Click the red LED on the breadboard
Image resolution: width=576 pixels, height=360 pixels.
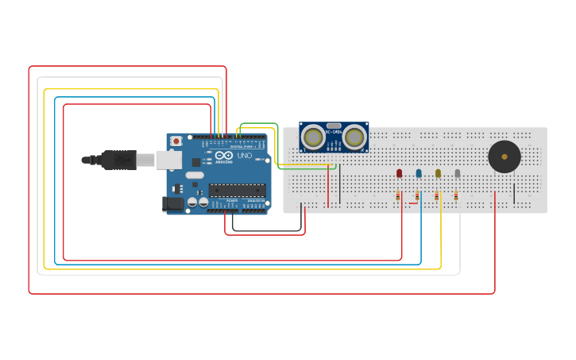pos(399,172)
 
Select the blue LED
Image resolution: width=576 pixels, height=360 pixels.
pos(419,172)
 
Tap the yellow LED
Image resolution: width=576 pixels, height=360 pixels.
pos(438,172)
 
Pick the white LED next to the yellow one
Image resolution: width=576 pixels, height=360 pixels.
pos(457,172)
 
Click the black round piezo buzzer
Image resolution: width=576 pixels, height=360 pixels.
pos(504,157)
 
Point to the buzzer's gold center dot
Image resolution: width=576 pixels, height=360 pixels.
pos(504,157)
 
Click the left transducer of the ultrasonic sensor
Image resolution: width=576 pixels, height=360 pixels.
pos(313,137)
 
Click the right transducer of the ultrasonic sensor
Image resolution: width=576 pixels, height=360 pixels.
pos(354,137)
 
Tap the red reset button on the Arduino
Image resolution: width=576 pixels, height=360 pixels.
pos(176,141)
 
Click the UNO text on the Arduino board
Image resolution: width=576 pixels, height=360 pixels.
pos(244,156)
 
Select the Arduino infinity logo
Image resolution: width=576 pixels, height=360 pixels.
pos(223,156)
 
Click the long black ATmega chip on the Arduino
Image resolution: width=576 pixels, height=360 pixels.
pos(237,190)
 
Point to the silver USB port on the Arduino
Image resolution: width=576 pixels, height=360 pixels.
pos(168,160)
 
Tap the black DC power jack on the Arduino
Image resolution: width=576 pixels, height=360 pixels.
pos(172,203)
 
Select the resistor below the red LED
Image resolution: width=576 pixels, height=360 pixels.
pos(398,195)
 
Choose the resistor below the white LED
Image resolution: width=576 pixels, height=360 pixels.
pos(456,195)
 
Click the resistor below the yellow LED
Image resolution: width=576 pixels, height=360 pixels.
pos(436,195)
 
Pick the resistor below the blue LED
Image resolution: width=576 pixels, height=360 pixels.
pos(417,195)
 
